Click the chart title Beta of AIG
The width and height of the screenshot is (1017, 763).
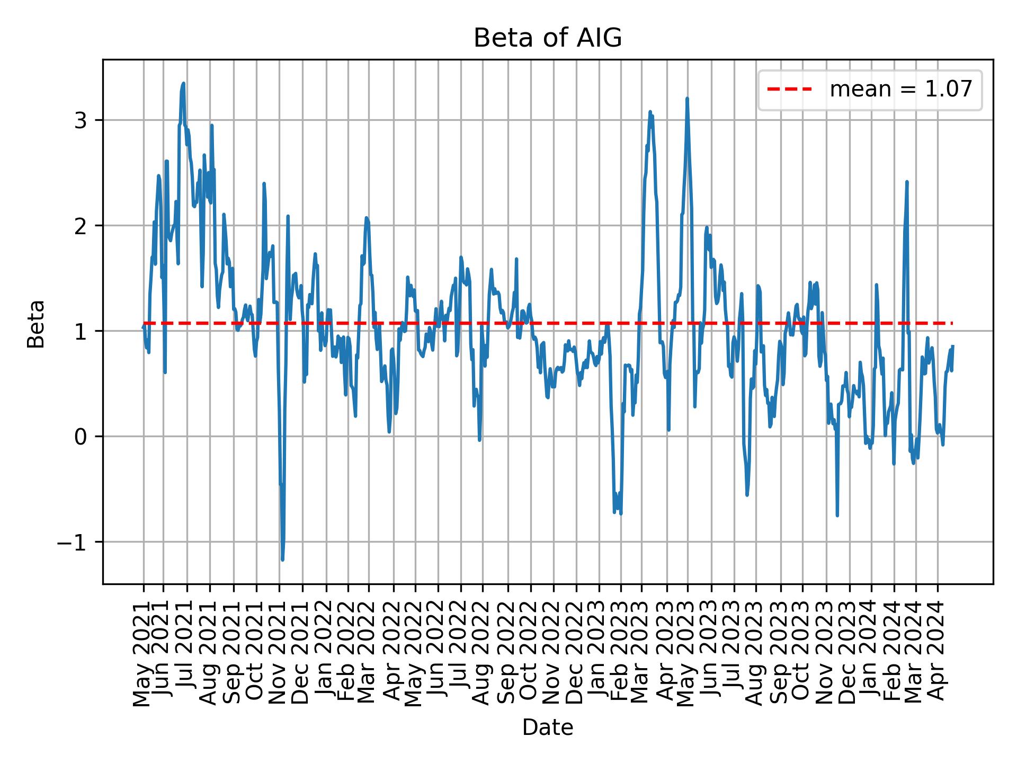[x=547, y=38]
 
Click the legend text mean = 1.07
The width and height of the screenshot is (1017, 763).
[x=901, y=90]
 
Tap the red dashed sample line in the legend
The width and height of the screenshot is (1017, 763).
[x=789, y=90]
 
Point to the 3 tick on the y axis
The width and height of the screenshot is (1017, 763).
[x=81, y=120]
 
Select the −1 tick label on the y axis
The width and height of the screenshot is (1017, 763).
[x=74, y=542]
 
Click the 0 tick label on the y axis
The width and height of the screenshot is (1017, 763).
[x=81, y=437]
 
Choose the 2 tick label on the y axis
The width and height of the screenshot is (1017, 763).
[x=81, y=226]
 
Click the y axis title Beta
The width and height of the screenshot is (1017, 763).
[x=36, y=324]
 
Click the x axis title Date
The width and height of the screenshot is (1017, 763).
[x=547, y=727]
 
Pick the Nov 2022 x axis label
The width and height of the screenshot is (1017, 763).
[x=554, y=652]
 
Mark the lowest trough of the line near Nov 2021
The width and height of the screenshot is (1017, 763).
[x=282, y=560]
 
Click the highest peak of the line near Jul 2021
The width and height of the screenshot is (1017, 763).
[x=183, y=83]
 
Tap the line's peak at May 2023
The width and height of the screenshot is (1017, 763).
[x=687, y=99]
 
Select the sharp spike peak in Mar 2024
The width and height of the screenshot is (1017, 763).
[x=907, y=182]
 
